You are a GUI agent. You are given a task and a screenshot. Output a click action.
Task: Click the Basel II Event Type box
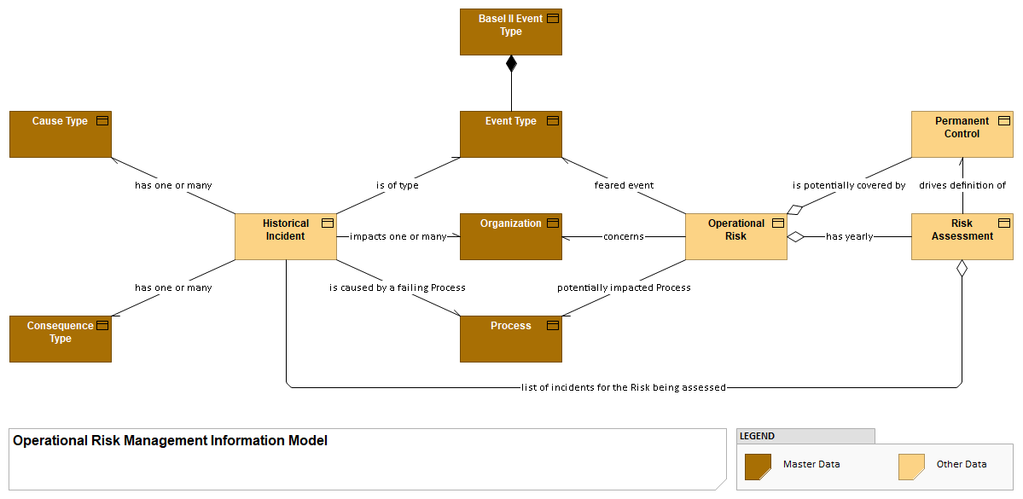(510, 32)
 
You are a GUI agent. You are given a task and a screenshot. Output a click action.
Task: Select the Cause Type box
(60, 134)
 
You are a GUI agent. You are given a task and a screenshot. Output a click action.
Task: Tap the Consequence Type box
(60, 339)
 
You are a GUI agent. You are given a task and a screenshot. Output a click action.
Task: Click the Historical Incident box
(285, 236)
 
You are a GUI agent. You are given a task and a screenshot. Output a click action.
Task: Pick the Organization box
(510, 236)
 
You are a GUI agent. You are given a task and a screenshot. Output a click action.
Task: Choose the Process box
(510, 339)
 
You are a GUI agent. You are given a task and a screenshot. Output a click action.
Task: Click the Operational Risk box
(735, 236)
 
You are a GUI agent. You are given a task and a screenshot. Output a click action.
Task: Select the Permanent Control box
(962, 134)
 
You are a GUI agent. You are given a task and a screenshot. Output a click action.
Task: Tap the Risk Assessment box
(962, 236)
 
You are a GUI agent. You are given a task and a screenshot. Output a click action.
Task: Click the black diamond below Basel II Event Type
(511, 63)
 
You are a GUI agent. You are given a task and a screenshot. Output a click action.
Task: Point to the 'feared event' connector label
(624, 185)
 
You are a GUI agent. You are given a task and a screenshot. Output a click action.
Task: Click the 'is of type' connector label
(398, 185)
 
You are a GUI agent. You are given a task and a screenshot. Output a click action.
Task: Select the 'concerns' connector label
(623, 236)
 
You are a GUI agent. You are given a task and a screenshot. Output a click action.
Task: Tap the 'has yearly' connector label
(849, 236)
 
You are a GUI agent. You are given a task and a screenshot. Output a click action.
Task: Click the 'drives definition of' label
(962, 185)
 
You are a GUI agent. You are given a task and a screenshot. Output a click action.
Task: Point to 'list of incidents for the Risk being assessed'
(623, 387)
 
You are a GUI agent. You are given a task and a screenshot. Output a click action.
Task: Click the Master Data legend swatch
(758, 467)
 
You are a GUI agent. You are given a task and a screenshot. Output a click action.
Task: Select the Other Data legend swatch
(911, 467)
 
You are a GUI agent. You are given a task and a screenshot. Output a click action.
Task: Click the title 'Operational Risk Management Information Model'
(171, 441)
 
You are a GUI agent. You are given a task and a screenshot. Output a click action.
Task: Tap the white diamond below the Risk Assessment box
(962, 269)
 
